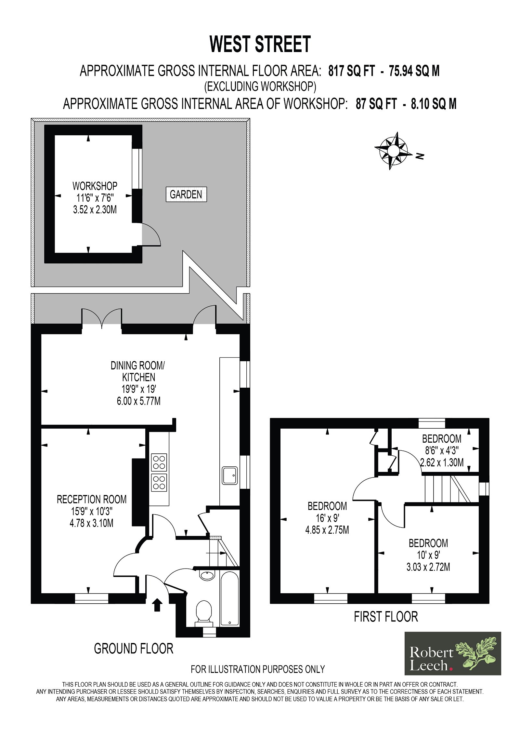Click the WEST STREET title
[x=260, y=44]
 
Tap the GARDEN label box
[x=186, y=194]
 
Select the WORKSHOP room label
[x=95, y=186]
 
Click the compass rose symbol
[x=393, y=151]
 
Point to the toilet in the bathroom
[x=204, y=613]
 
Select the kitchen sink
[x=230, y=475]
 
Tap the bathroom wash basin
[x=207, y=575]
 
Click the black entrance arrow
[x=157, y=605]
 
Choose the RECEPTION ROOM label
[x=92, y=499]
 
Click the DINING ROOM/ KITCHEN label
[x=138, y=371]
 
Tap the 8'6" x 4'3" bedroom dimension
[x=442, y=450]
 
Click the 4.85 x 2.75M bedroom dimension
[x=327, y=530]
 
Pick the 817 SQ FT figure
[x=352, y=71]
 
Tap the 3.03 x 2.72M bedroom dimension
[x=428, y=567]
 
